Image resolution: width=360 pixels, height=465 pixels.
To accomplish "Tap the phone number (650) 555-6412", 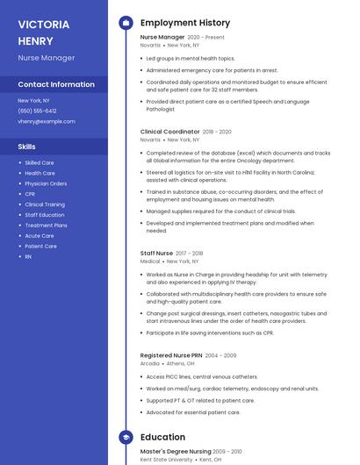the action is coord(37,111).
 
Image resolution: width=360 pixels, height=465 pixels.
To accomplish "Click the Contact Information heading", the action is coord(56,85).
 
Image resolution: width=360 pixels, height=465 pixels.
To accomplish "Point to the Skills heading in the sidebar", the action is coord(27,147).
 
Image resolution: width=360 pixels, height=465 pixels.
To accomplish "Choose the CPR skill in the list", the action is coord(30,194).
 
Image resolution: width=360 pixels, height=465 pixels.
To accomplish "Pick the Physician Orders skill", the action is coord(46,183).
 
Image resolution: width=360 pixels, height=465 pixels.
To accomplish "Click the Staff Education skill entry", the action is coord(44,215).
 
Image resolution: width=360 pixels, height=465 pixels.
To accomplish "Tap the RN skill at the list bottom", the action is coord(28,257).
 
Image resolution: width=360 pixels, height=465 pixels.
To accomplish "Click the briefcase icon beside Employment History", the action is coord(125,23).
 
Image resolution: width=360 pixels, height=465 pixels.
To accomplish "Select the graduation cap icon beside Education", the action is coord(125,437).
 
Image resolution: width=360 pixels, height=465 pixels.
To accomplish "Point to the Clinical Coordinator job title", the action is coord(169,132).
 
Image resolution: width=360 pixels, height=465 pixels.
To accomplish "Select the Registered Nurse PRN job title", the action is coord(176,355).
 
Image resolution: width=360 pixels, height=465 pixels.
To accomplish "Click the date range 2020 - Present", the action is coord(206,38).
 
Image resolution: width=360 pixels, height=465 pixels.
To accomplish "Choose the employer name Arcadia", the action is coord(150,363).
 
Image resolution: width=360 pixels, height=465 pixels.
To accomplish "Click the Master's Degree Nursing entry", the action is coord(175,451).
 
